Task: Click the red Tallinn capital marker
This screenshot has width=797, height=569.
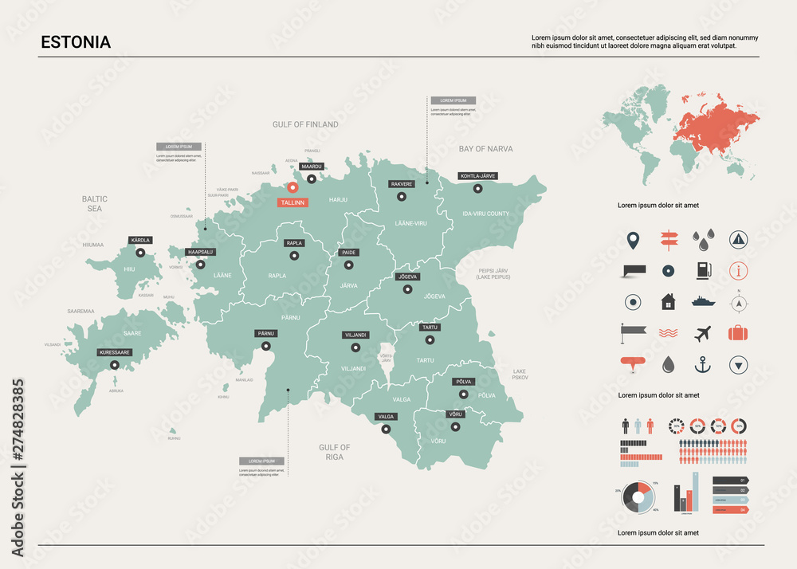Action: tap(292, 188)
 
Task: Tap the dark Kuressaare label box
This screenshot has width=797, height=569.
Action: tap(114, 351)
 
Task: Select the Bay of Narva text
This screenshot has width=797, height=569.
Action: tap(485, 149)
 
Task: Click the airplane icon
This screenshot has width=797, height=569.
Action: tap(703, 333)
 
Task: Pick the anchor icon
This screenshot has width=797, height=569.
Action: tap(703, 365)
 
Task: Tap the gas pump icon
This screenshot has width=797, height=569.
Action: tap(703, 270)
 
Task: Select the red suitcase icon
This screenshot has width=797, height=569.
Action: tap(739, 333)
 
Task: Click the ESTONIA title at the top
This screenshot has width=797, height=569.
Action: tap(76, 42)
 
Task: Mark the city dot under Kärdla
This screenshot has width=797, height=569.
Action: tap(140, 253)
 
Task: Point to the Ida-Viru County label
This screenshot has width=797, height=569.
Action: tap(486, 214)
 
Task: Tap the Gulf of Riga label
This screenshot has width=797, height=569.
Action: tap(335, 452)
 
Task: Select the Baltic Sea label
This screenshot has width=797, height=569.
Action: tap(95, 203)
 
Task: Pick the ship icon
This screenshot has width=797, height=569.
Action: tap(703, 302)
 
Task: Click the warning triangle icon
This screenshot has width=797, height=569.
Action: tap(740, 238)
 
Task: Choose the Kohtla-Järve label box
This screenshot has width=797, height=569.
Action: tap(477, 175)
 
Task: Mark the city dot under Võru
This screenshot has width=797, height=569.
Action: tap(455, 426)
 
